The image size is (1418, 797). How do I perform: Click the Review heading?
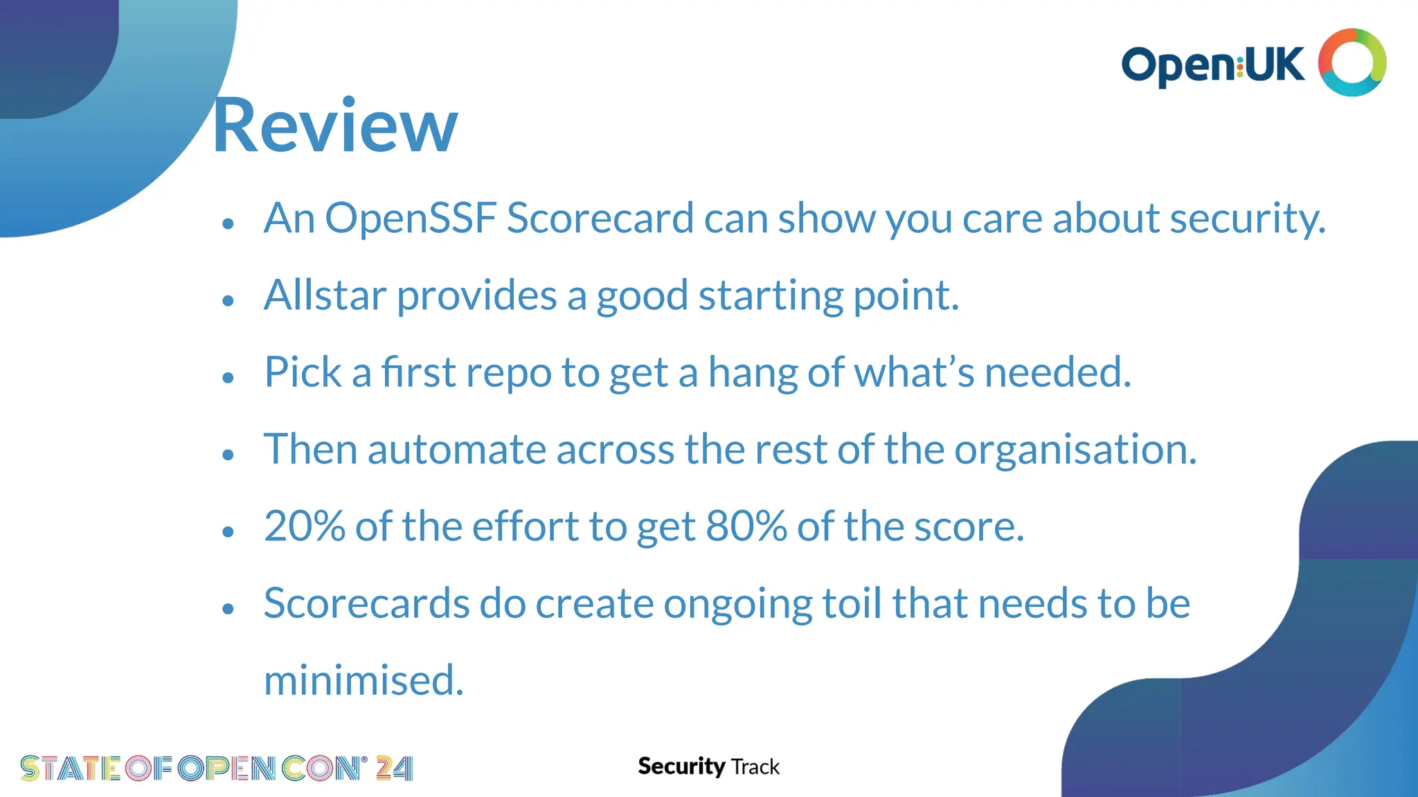334,126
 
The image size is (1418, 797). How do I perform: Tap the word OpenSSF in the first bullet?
411,219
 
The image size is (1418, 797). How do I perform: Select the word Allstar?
324,295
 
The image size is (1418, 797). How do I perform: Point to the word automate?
456,450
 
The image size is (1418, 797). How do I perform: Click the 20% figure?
305,526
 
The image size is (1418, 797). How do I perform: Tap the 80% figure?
746,526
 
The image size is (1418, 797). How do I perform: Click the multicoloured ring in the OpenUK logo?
1352,62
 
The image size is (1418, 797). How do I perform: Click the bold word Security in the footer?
681,767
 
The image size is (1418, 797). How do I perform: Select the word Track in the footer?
755,767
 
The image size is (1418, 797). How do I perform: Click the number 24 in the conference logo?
394,769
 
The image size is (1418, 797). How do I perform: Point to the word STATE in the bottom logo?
70,769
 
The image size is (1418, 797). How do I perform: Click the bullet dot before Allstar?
228,301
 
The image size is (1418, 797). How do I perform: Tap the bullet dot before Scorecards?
228,609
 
